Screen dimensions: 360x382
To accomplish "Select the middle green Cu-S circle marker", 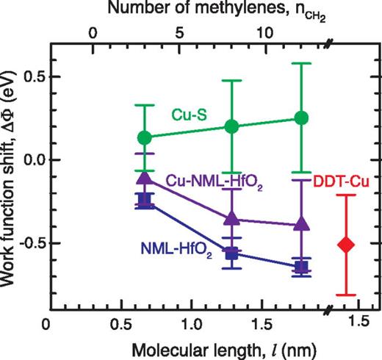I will [232, 126].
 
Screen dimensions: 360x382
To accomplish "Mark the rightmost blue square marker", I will [300, 267].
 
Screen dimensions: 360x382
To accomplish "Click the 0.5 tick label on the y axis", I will [29, 77].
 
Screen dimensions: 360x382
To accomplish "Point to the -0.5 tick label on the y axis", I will [26, 243].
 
